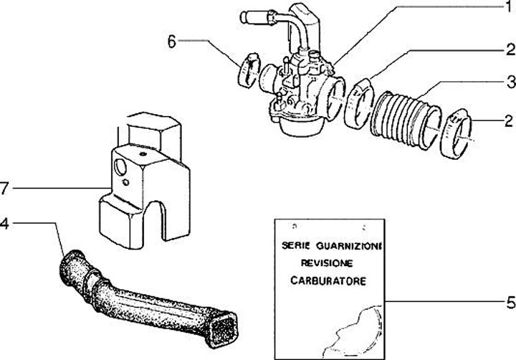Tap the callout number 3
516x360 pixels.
(510, 80)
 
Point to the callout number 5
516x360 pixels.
(510, 302)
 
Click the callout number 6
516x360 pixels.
(172, 41)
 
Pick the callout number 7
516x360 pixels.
(5, 189)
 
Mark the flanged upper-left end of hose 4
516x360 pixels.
(74, 257)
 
